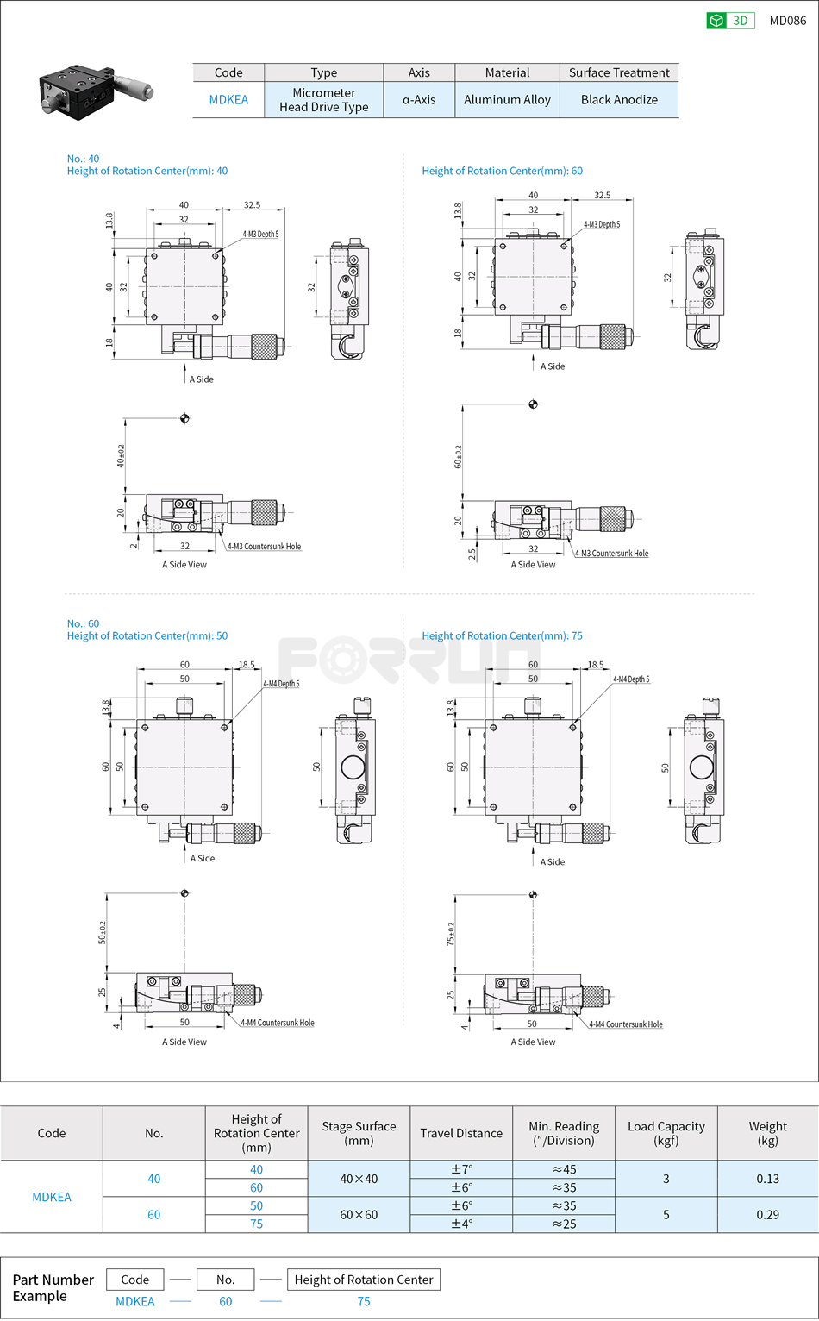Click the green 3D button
point(729,21)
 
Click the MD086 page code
point(787,21)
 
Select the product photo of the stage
point(95,90)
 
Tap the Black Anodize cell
point(618,100)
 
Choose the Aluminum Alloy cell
point(507,100)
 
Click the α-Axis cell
point(419,100)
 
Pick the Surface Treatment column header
point(618,72)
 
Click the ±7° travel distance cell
point(461,1170)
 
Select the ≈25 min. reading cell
point(564,1224)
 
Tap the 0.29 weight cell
point(767,1214)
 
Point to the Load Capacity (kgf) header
point(666,1133)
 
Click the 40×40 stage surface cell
point(359,1179)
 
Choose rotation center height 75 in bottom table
point(256,1224)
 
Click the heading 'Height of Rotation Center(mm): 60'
point(502,171)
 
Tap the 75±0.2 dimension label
point(450,935)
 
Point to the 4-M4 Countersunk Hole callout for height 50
point(277,1023)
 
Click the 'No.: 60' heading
point(83,623)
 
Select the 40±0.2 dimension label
point(121,456)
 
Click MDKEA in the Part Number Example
point(135,1301)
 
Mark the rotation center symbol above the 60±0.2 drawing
point(533,404)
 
